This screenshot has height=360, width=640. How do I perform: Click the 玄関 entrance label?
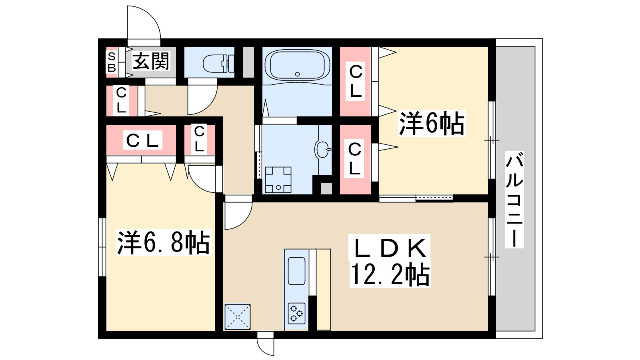[x=151, y=61]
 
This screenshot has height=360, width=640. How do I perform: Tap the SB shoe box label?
[x=111, y=62]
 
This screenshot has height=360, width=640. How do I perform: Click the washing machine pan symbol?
[x=278, y=180]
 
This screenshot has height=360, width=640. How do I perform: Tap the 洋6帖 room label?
[x=432, y=124]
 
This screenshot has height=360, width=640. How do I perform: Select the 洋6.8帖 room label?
[x=163, y=242]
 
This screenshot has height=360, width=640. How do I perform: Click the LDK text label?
[x=390, y=248]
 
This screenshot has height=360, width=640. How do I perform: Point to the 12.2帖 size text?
[x=390, y=274]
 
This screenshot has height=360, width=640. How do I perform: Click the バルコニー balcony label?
[x=514, y=199]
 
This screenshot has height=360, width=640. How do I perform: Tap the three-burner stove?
[x=296, y=313]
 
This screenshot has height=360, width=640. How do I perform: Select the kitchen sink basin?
[x=296, y=271]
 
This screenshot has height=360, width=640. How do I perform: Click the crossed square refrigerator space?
[x=238, y=317]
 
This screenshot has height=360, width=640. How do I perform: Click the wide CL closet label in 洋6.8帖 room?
[x=142, y=140]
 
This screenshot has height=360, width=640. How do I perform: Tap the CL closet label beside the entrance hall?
[x=121, y=100]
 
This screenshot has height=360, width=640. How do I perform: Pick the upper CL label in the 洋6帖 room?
[x=355, y=82]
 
